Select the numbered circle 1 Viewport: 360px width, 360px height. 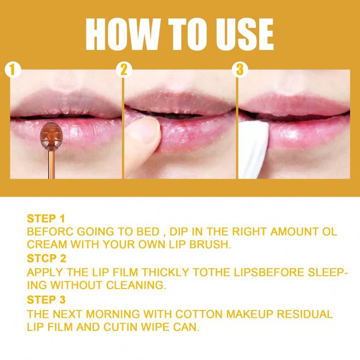click(x=13, y=70)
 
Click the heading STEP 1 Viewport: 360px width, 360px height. click(x=46, y=219)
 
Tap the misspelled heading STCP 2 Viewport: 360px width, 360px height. click(x=46, y=259)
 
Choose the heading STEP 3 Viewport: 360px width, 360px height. click(x=46, y=299)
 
